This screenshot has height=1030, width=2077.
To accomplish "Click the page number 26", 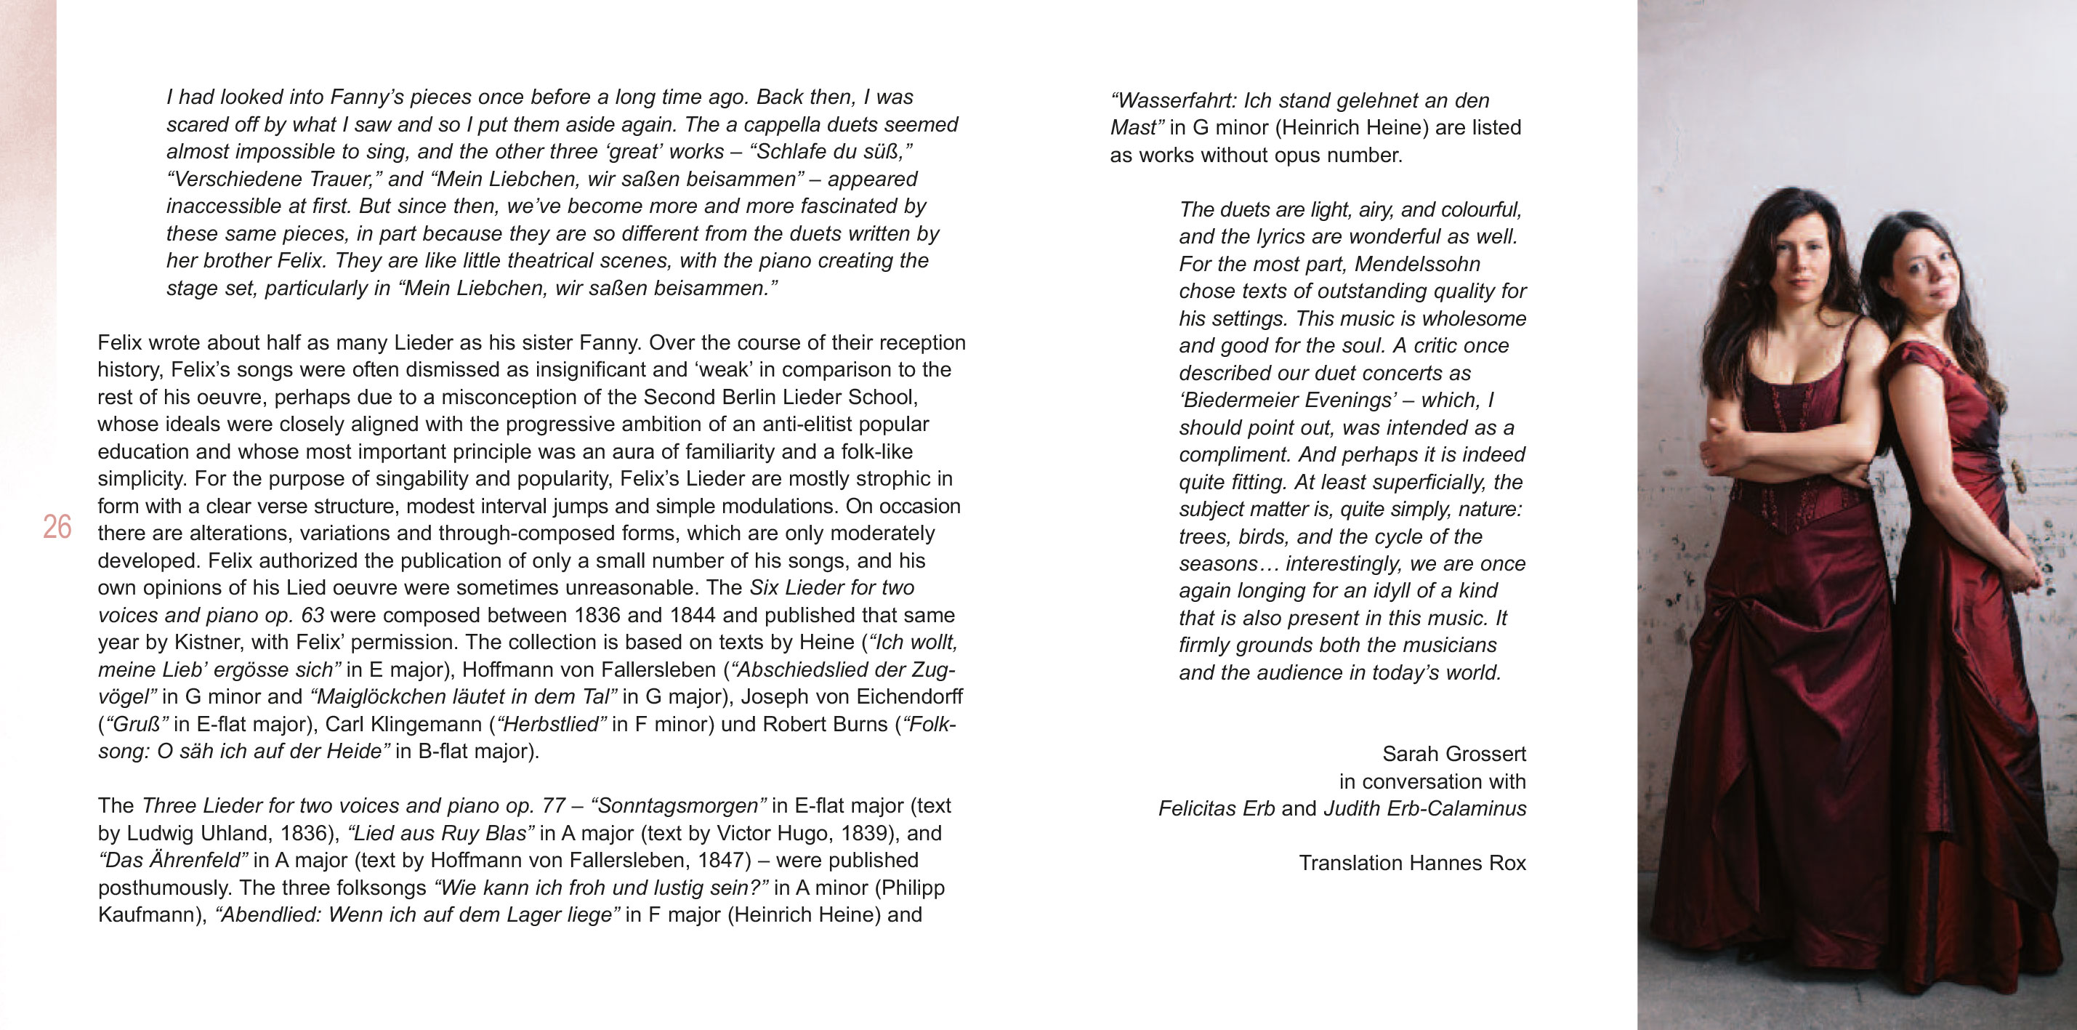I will tap(57, 527).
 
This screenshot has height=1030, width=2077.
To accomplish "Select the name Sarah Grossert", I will tap(1453, 755).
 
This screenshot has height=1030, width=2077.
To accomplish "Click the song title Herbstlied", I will tap(552, 724).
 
